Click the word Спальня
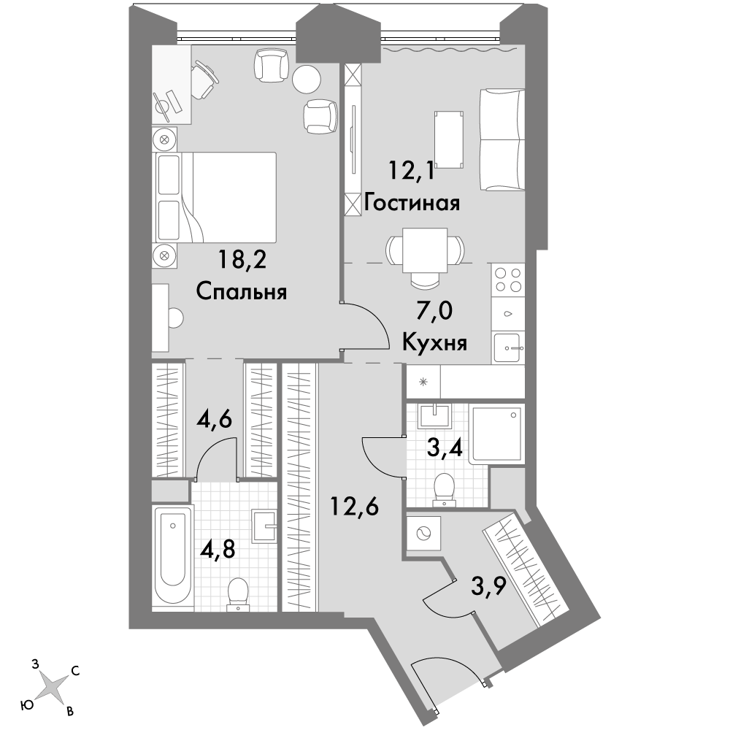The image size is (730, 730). coord(241,293)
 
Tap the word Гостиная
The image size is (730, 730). coord(412,203)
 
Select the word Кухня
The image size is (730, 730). coord(434,343)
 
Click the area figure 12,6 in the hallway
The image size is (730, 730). coord(354,506)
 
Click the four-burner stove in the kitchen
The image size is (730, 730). coord(508,280)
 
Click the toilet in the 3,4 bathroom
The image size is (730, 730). coord(444,490)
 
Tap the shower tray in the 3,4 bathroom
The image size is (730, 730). coord(496,434)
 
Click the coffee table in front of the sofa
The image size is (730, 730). coord(449,139)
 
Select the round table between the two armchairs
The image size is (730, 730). coord(307,79)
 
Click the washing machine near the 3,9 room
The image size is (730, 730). coord(423,533)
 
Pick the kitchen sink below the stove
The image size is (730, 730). coord(508,347)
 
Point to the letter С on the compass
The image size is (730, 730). coord(75,671)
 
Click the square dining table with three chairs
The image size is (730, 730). coord(425,250)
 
